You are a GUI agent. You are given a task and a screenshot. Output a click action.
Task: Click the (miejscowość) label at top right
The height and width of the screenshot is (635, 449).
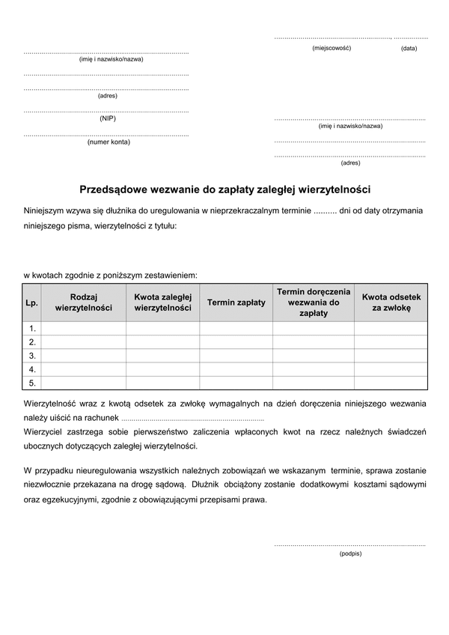332,48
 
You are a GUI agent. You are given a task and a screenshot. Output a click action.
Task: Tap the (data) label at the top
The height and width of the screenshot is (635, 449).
409,48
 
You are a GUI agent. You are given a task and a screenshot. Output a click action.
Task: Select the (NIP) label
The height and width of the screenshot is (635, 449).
107,118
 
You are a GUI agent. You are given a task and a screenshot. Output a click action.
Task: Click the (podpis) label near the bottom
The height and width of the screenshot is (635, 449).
350,553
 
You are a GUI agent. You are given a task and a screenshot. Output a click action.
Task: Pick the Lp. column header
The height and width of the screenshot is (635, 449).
31,303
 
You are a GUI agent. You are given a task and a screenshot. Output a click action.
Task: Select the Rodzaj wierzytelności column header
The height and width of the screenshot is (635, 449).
84,303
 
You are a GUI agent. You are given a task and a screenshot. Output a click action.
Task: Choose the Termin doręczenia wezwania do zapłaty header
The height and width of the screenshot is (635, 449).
313,303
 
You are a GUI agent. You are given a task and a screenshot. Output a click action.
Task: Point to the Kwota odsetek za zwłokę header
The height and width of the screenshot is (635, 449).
391,303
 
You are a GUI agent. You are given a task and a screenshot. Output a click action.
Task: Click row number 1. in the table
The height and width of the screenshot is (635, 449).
32,329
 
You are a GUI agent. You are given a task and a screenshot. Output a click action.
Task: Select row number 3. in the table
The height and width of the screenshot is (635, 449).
32,356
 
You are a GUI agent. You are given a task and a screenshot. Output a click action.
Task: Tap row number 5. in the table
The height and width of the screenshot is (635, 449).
32,383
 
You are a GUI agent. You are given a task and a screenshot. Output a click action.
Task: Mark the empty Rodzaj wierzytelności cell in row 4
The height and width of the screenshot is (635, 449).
84,369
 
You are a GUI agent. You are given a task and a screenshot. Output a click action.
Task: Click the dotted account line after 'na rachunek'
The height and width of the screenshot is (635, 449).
192,419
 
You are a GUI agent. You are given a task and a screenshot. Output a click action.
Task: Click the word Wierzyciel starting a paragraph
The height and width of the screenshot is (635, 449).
46,432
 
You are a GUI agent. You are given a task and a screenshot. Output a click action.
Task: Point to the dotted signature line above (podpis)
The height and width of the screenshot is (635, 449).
349,544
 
